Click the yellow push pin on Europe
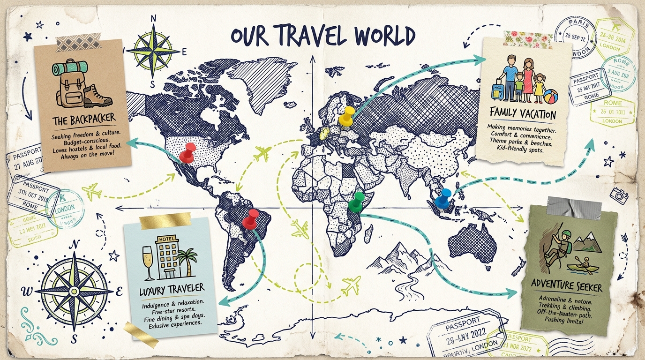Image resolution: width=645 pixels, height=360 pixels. click(347, 115)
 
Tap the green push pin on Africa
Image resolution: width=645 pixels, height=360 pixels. click(358, 200)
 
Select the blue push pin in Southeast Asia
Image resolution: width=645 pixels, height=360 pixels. click(443, 198)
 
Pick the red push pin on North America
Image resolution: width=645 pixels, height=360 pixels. click(188, 152)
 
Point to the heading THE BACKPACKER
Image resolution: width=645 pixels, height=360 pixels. click(84, 120)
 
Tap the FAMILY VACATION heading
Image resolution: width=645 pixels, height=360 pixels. click(522, 113)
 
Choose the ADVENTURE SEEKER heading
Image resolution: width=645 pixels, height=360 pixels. click(566, 284)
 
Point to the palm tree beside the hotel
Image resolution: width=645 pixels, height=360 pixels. click(189, 261)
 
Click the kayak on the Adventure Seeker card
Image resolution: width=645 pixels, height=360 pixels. click(582, 267)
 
